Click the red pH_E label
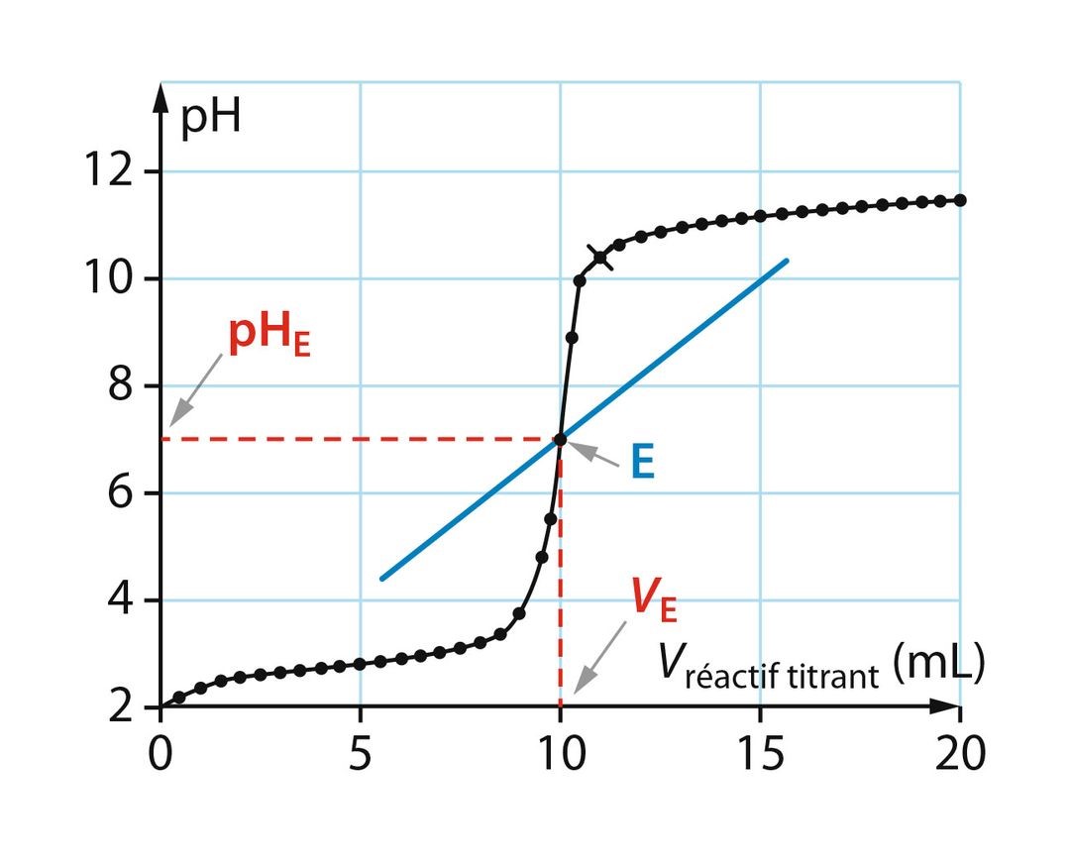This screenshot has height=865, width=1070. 268,337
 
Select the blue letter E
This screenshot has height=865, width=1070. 643,463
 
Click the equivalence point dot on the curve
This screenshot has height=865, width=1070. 560,439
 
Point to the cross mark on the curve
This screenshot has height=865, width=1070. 600,258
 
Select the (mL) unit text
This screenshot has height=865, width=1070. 937,666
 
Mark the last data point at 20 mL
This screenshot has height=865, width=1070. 959,200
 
